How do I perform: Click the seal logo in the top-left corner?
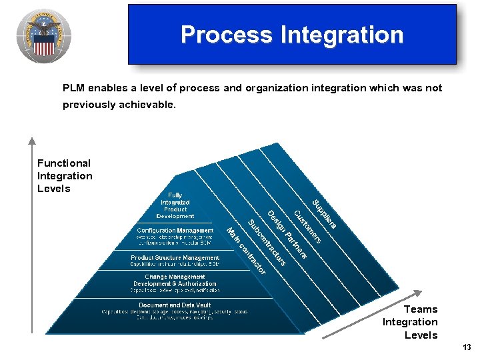point(44,36)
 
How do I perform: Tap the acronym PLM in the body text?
point(75,88)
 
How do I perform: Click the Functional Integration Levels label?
point(65,176)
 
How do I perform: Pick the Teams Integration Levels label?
point(411,322)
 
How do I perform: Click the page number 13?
point(466,347)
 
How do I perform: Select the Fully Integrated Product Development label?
point(175,206)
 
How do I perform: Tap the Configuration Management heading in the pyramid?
point(175,231)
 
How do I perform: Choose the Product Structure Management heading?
point(175,258)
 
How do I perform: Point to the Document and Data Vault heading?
point(175,305)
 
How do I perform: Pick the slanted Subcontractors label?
point(267,242)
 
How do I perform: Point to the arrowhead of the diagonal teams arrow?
point(419,293)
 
